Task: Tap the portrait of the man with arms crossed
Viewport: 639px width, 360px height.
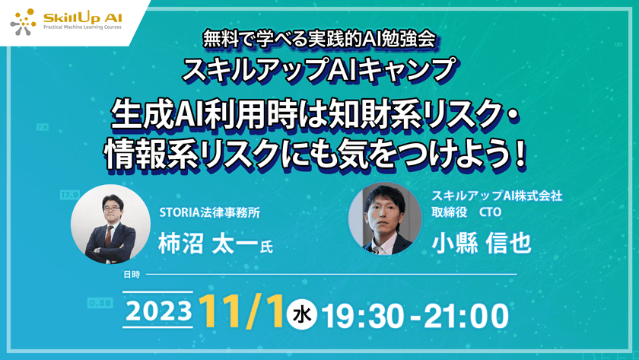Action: [103, 225]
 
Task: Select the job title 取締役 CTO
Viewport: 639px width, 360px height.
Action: [475, 213]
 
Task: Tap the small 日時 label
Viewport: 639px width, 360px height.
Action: [131, 272]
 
